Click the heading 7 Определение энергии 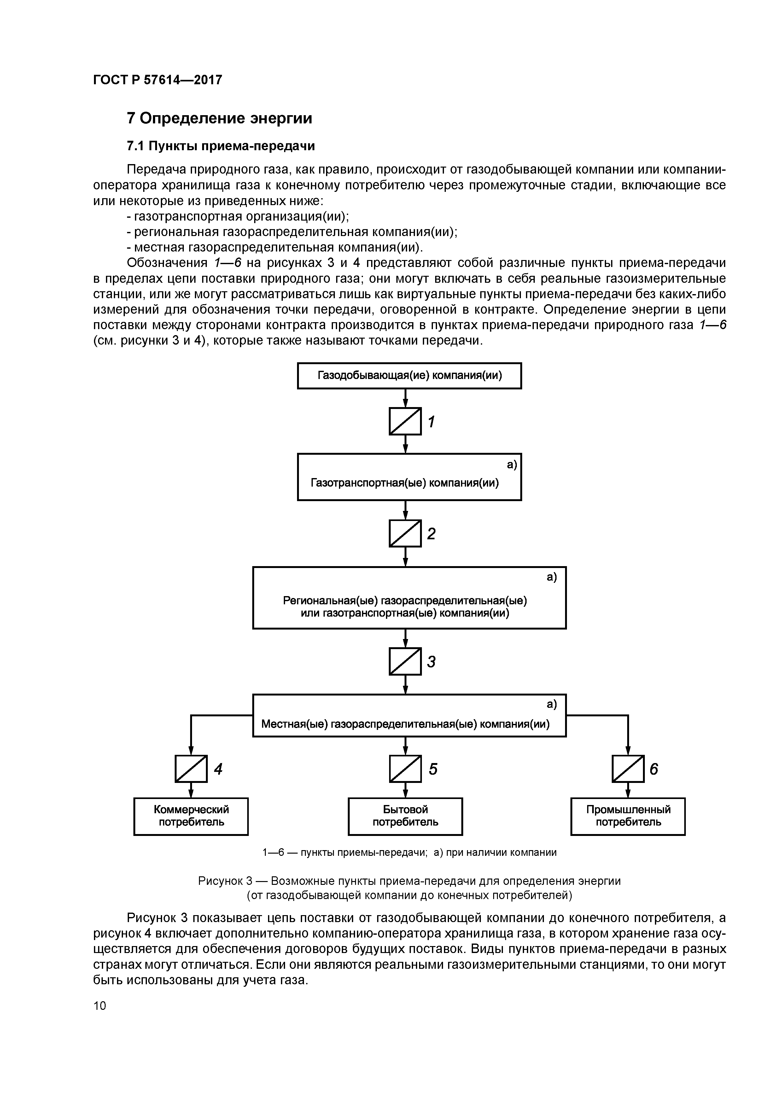coord(219,118)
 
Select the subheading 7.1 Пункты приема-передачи coord(221,145)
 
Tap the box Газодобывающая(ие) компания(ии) coord(409,376)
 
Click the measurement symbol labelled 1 coord(405,421)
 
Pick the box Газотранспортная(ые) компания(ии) coord(409,477)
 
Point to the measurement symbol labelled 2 coord(405,533)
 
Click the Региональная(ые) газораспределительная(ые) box coord(409,597)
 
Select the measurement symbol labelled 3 coord(405,661)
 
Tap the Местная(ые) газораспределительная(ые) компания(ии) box coord(409,715)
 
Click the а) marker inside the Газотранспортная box coord(511,465)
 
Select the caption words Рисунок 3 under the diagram coord(225,881)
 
